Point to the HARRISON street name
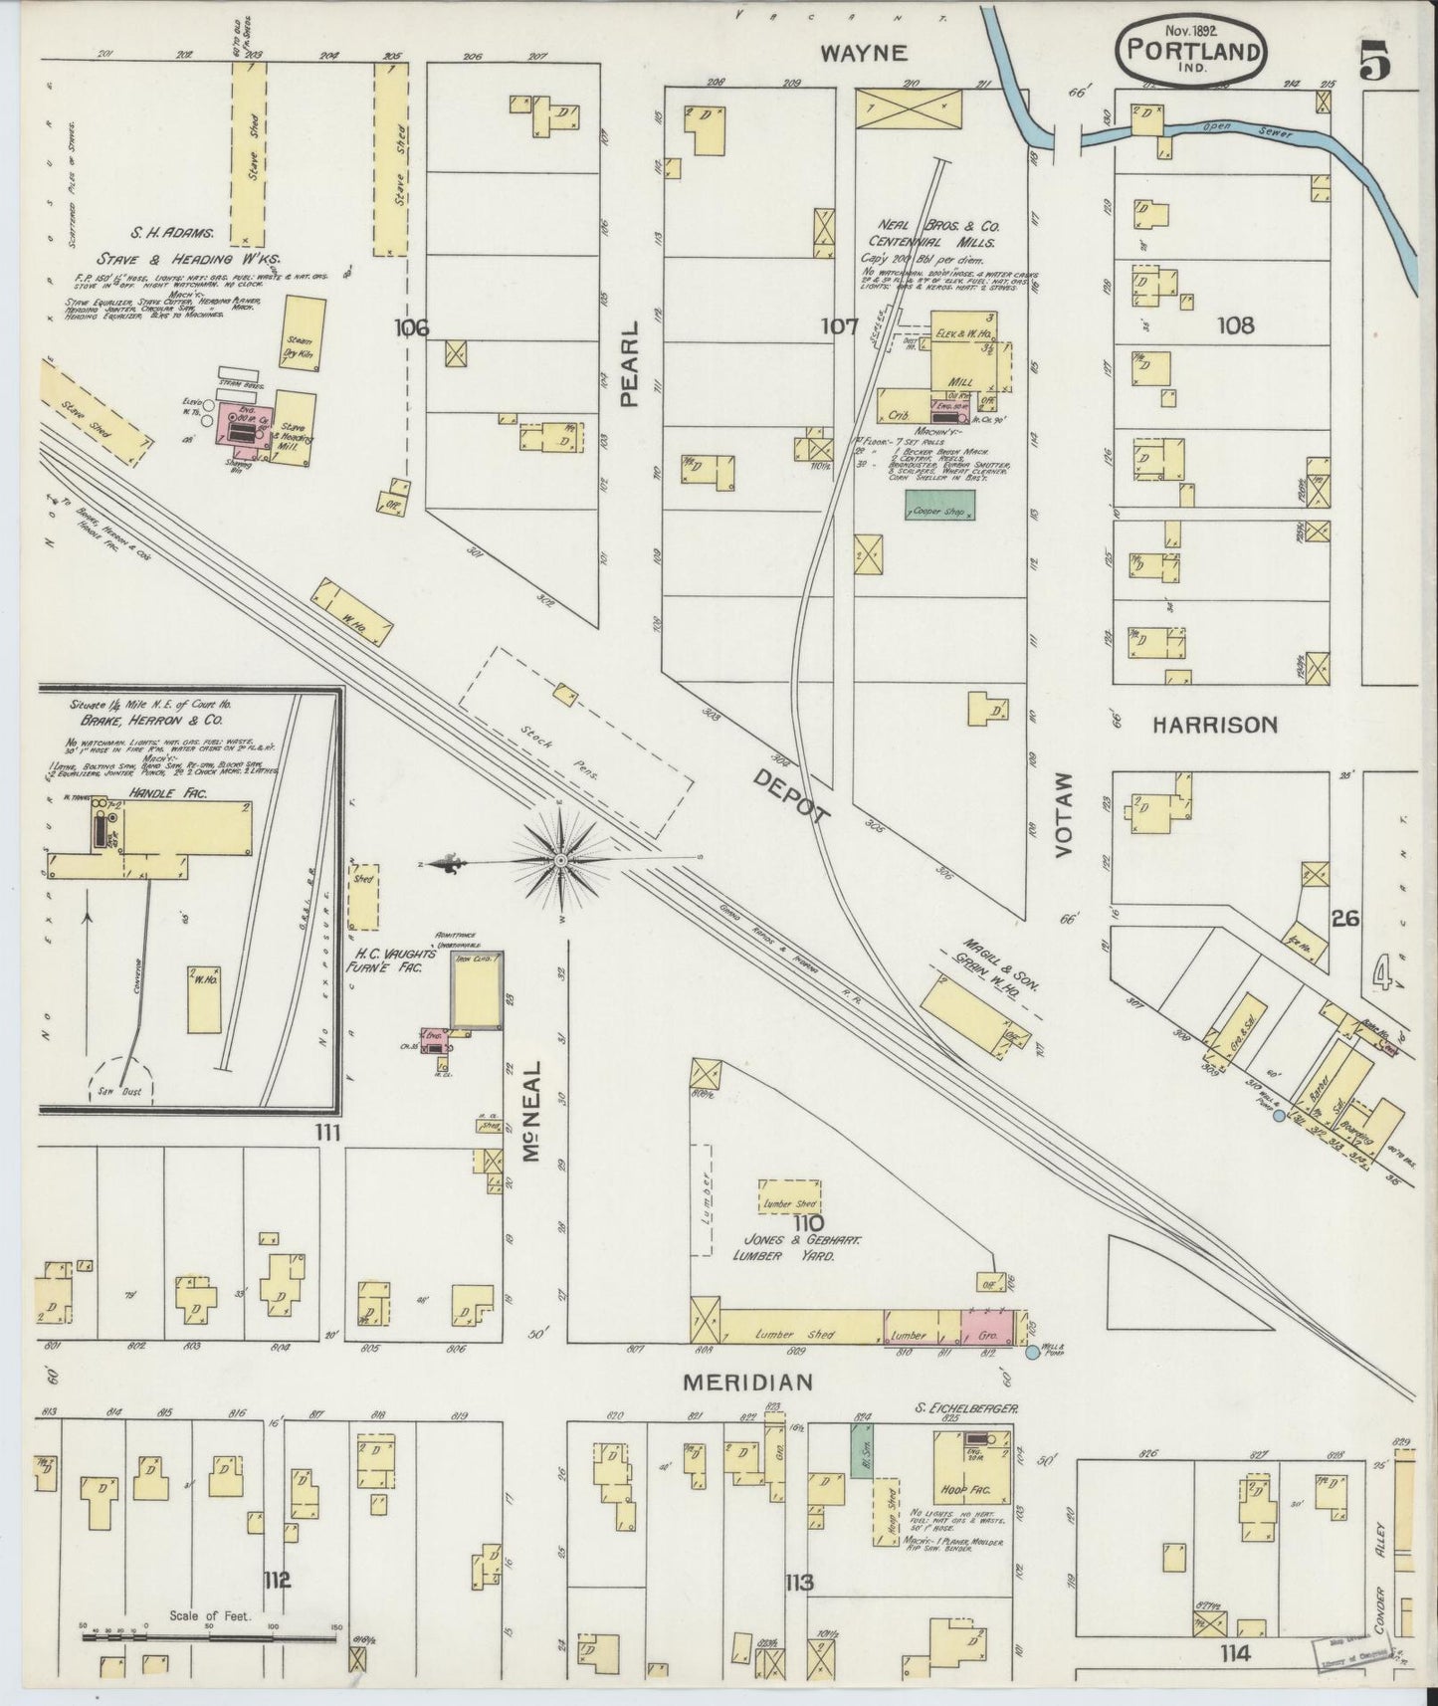[1214, 725]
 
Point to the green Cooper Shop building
[939, 508]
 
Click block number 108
[1234, 325]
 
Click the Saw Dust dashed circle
[120, 1079]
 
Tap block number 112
[277, 1579]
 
